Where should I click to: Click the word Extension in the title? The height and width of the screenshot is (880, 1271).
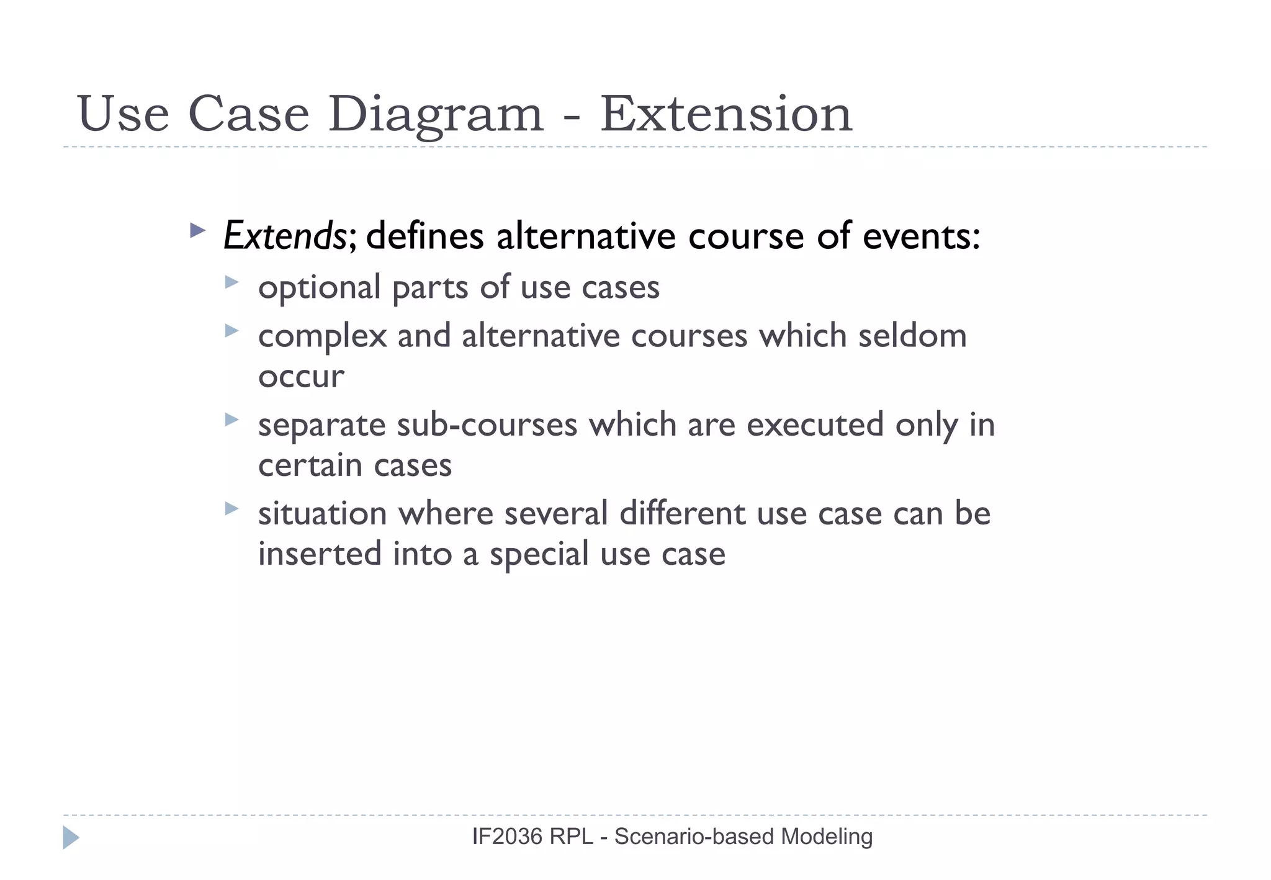(726, 114)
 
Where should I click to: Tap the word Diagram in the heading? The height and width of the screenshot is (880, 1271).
(435, 115)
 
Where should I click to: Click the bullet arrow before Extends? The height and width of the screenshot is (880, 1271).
(197, 231)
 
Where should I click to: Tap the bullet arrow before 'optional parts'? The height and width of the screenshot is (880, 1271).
(231, 282)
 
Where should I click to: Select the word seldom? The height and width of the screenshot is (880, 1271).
(912, 336)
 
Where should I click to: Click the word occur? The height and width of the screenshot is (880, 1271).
(301, 377)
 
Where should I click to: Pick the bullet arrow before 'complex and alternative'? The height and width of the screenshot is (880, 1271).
(231, 331)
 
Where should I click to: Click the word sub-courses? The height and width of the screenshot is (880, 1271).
(487, 425)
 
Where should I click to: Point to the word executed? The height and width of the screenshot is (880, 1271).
(815, 425)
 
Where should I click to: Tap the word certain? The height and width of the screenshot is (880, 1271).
(309, 465)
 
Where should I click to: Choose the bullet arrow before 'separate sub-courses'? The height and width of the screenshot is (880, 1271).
(231, 420)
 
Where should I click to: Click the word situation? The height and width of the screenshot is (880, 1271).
(323, 514)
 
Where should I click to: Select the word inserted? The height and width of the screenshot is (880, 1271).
(320, 554)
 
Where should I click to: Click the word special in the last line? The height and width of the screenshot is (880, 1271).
(539, 555)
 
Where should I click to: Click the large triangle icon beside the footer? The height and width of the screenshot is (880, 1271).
(71, 838)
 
